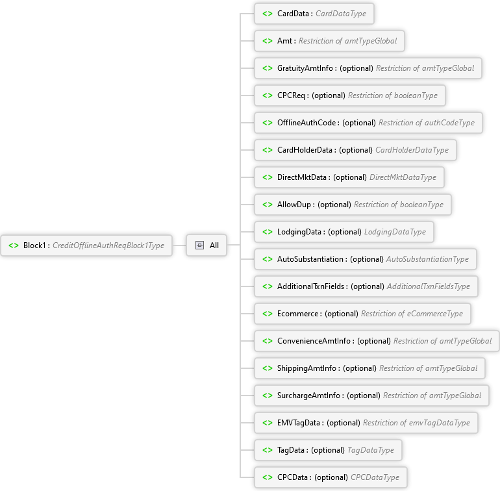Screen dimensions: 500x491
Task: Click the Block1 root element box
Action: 86,245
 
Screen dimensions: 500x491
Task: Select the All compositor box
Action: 206,245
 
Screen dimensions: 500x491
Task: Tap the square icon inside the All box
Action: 199,245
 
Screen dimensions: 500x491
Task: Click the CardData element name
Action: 293,14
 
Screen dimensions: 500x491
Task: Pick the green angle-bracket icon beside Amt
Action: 268,41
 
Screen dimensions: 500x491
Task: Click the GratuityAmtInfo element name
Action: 305,68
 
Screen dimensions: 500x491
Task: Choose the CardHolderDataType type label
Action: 412,150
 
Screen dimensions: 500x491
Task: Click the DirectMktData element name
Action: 302,177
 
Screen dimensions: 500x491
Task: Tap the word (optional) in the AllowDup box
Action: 334,205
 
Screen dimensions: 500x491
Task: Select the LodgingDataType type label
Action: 395,232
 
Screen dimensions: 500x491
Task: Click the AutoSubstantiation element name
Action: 310,259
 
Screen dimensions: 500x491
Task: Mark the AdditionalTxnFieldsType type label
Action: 429,286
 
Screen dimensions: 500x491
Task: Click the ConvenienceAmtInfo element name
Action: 314,341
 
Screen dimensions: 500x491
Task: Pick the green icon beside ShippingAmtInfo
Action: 268,368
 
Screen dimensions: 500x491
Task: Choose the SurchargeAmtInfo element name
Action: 308,396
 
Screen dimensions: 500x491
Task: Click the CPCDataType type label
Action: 375,477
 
